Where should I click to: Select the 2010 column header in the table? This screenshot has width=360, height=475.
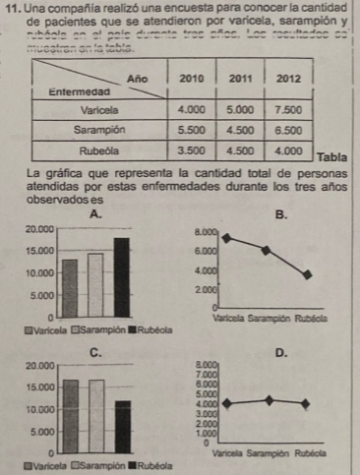tap(196, 76)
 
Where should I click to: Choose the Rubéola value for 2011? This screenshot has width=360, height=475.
tap(241, 150)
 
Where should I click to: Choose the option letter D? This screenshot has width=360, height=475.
tap(282, 352)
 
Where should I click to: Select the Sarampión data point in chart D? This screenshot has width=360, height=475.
tap(270, 399)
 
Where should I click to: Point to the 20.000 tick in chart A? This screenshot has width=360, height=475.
tap(37, 228)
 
